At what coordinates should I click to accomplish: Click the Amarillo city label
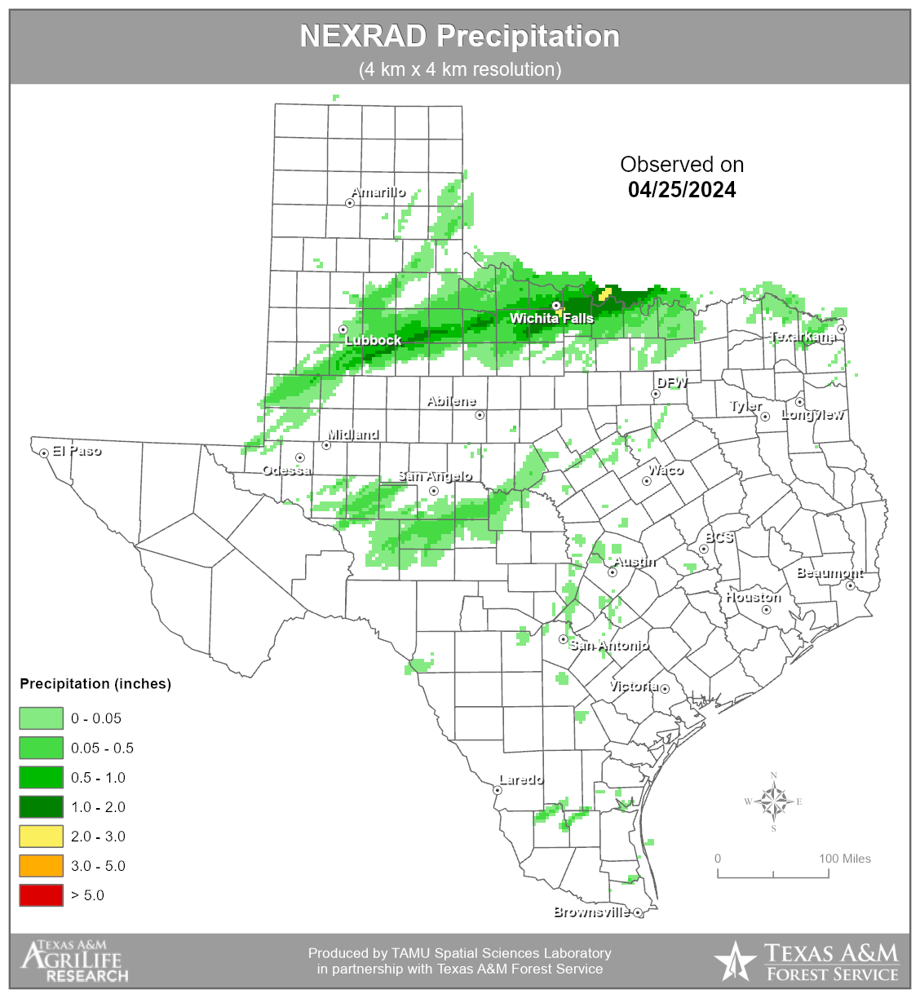[x=378, y=192]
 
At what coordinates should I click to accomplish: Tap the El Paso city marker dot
[x=44, y=453]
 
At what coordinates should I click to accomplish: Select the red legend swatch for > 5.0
[x=41, y=895]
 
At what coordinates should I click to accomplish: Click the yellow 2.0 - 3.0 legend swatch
[x=41, y=837]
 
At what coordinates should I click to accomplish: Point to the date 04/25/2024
[x=682, y=190]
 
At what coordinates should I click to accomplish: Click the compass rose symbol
[x=773, y=801]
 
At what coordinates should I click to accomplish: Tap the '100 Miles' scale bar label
[x=845, y=859]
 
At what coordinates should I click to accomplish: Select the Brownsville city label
[x=591, y=912]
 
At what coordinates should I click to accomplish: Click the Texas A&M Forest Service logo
[x=806, y=962]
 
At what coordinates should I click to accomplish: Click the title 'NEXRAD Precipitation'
[x=460, y=37]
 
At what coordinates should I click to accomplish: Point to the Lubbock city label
[x=374, y=340]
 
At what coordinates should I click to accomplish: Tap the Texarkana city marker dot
[x=842, y=329]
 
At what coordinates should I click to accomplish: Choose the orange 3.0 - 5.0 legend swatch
[x=41, y=866]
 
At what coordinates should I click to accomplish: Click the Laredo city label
[x=521, y=779]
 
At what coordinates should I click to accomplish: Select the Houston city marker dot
[x=766, y=610]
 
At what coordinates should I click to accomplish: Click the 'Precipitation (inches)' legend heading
[x=95, y=684]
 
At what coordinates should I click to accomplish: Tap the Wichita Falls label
[x=551, y=318]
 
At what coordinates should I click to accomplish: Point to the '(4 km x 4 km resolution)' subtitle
[x=460, y=69]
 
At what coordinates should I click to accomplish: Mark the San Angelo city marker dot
[x=434, y=491]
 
